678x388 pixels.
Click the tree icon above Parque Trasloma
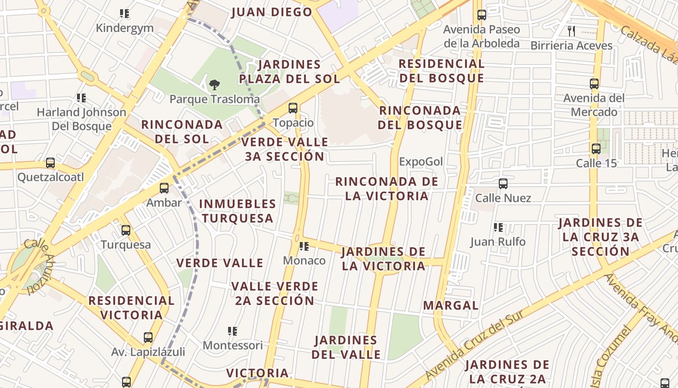(x=214, y=85)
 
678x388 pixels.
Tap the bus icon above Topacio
(x=293, y=108)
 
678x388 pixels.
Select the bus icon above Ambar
(x=164, y=188)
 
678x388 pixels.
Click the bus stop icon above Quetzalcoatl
(x=50, y=163)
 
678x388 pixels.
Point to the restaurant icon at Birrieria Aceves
(x=571, y=32)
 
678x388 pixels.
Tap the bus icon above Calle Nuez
(x=503, y=184)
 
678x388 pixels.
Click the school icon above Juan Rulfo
(x=498, y=227)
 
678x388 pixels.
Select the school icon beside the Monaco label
(x=304, y=246)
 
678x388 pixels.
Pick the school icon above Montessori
(x=232, y=331)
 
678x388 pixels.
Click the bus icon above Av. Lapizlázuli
(x=148, y=338)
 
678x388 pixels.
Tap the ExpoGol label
(x=421, y=162)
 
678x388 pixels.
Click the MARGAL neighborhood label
(x=450, y=306)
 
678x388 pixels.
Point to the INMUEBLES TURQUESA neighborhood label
(x=237, y=211)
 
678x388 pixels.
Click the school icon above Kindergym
(x=124, y=14)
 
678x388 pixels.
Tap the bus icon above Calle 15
(x=596, y=149)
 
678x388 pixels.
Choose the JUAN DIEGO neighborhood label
(x=272, y=12)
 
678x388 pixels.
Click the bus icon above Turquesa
(x=126, y=230)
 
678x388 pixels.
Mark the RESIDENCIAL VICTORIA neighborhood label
(x=131, y=308)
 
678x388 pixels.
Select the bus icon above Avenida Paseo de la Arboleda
(x=481, y=15)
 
